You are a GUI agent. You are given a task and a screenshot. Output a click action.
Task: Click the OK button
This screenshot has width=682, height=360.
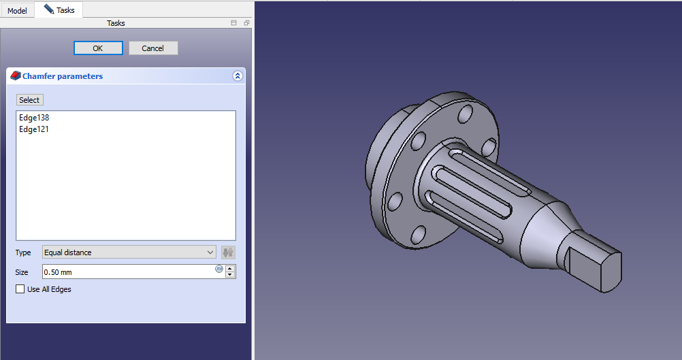click(98, 48)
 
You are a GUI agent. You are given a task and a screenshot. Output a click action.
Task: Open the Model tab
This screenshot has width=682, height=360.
click(17, 10)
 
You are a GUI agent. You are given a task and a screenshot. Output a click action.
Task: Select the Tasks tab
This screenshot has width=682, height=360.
click(60, 10)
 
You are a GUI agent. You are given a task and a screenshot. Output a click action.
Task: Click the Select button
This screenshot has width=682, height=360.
click(29, 100)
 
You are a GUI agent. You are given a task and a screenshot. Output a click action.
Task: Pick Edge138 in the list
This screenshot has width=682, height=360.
click(34, 117)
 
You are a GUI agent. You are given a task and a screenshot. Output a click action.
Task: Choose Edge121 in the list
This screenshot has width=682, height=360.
click(34, 129)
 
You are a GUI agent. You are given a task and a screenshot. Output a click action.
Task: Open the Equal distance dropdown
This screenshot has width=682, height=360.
click(129, 252)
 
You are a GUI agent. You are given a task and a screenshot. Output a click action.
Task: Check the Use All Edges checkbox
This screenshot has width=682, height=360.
click(20, 289)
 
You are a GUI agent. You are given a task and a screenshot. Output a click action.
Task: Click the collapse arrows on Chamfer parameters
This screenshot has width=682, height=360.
click(238, 76)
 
